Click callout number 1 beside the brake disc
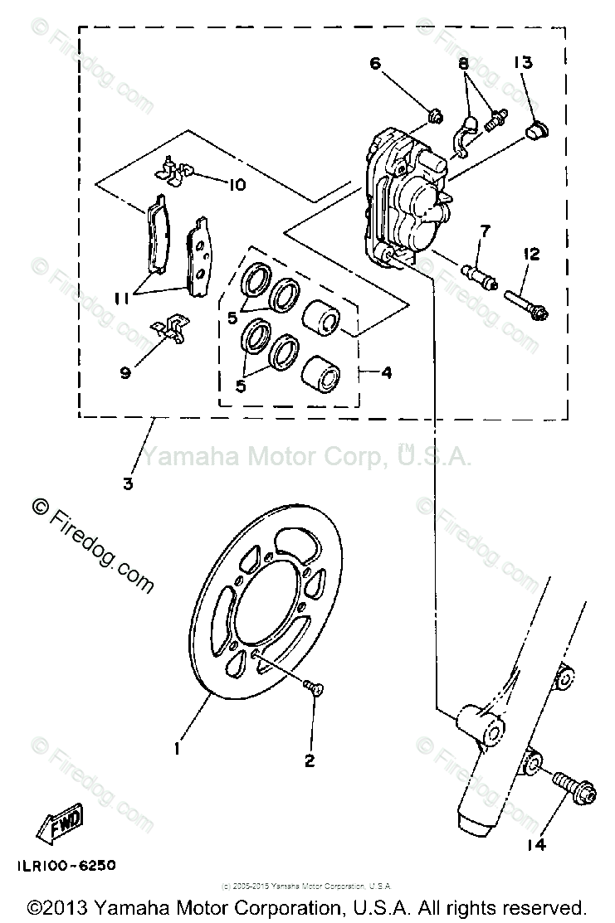177,748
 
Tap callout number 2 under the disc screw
310,760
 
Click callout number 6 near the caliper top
374,63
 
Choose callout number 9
125,373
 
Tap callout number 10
237,184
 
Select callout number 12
531,253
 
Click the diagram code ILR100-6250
65,865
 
